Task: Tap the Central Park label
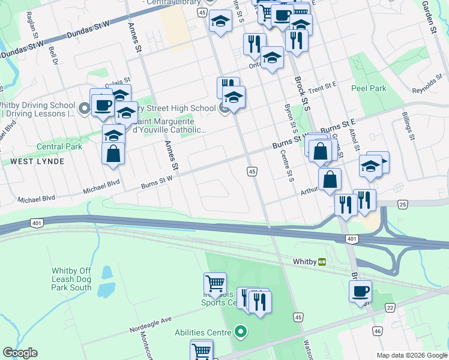click(x=59, y=146)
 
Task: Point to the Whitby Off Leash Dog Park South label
click(x=71, y=279)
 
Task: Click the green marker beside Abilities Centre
click(x=241, y=331)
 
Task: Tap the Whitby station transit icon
click(x=322, y=262)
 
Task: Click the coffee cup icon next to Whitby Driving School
click(x=102, y=106)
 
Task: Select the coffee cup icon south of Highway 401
click(x=360, y=292)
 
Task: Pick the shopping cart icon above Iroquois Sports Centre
click(x=215, y=281)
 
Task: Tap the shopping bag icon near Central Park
click(x=113, y=154)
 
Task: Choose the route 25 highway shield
click(x=402, y=205)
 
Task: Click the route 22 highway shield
click(x=391, y=308)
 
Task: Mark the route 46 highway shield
click(x=377, y=331)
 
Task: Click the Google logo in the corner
click(x=20, y=353)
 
